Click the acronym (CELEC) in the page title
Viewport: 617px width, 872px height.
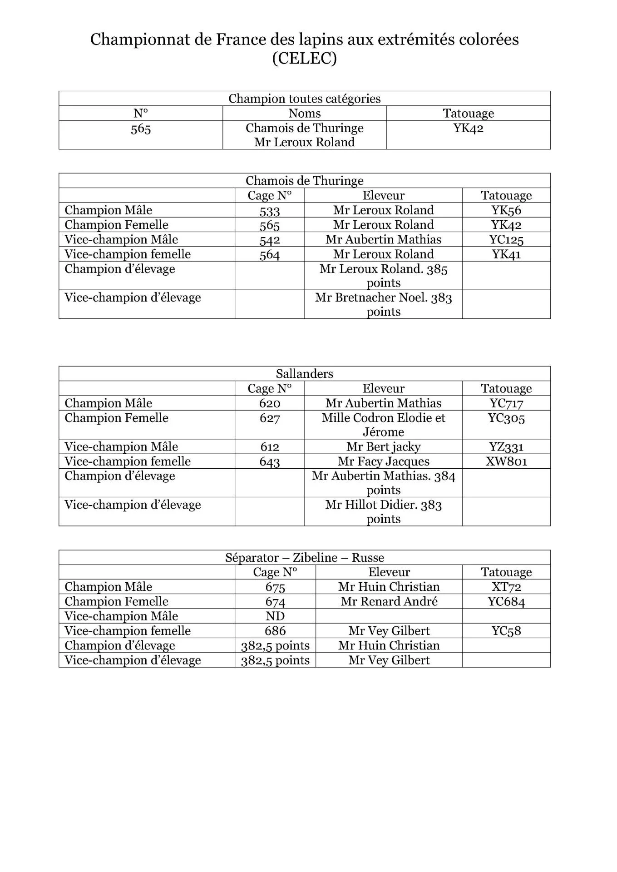click(304, 59)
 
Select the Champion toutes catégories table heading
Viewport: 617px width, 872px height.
click(304, 99)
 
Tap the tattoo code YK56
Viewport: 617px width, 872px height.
click(506, 210)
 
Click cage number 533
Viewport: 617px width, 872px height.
click(269, 211)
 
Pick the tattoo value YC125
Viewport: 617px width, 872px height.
click(506, 240)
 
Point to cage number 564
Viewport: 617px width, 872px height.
click(269, 255)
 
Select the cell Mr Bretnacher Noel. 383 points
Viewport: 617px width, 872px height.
click(383, 304)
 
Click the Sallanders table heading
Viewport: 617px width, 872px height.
click(304, 374)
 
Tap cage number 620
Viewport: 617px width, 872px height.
click(269, 403)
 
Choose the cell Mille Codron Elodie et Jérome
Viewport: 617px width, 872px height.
click(383, 425)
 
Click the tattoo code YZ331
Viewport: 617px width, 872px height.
click(506, 447)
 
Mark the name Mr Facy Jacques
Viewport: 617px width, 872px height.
click(383, 461)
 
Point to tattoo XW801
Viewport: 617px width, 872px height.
click(506, 462)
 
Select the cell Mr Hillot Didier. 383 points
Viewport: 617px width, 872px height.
click(383, 511)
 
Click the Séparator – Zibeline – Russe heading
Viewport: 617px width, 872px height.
click(304, 558)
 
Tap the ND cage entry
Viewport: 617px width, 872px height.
click(275, 616)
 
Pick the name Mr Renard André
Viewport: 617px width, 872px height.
click(389, 601)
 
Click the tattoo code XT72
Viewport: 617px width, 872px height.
click(506, 587)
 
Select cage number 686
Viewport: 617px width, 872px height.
click(275, 631)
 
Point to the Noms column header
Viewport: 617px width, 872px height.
click(304, 114)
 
